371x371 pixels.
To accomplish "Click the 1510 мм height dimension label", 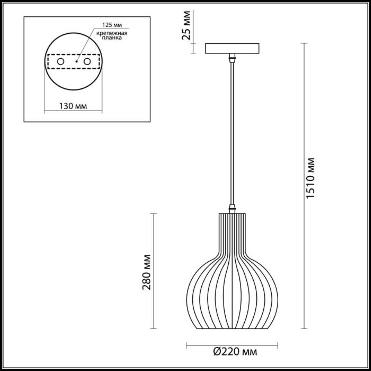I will click(310, 178).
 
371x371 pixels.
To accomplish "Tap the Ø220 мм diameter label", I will click(235, 352).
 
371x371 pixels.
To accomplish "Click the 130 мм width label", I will click(73, 106).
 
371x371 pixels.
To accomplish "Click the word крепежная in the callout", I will click(112, 33).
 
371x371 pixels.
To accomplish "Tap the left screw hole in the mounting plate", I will click(61, 61).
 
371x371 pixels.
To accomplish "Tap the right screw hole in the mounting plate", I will click(87, 61).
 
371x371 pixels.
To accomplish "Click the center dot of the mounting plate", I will click(76, 61).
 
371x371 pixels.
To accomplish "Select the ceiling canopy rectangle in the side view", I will click(232, 48).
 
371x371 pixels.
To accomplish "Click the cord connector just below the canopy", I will click(232, 58).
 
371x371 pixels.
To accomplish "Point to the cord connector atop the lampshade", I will click(232, 208).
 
